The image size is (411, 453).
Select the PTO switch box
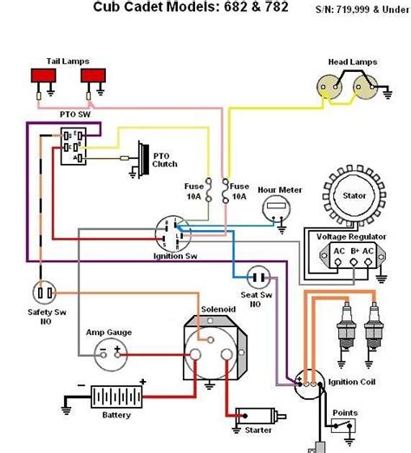tap(75, 145)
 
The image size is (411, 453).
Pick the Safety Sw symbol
tap(44, 292)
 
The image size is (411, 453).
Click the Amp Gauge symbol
tap(109, 351)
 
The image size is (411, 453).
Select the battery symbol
tap(116, 397)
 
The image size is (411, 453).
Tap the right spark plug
tap(374, 329)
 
